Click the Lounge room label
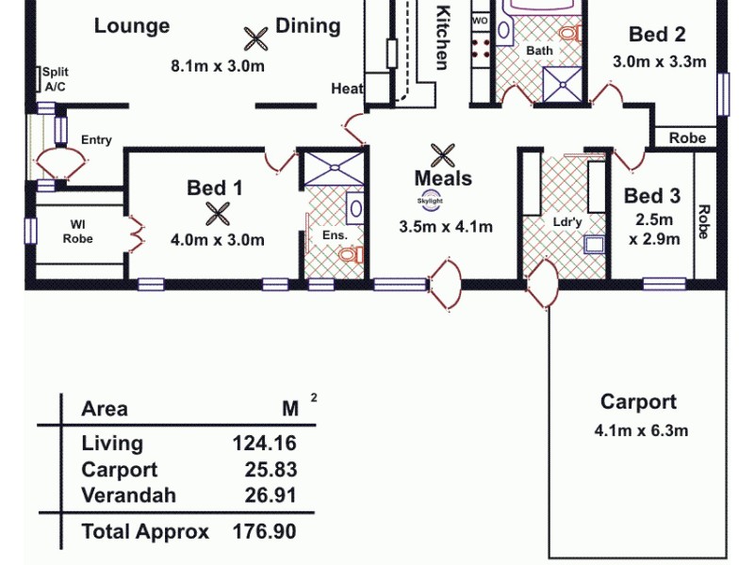click(x=132, y=25)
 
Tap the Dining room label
click(x=307, y=25)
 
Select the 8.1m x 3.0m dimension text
click(x=217, y=66)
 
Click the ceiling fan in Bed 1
click(x=218, y=214)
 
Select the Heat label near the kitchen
click(x=347, y=89)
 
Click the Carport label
click(x=638, y=402)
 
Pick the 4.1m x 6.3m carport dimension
click(x=641, y=431)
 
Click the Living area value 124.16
click(x=264, y=444)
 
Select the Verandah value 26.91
click(x=268, y=495)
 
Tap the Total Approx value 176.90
click(x=264, y=531)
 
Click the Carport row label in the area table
click(x=120, y=470)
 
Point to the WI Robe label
click(x=78, y=231)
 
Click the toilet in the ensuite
click(x=350, y=254)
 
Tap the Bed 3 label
click(x=652, y=196)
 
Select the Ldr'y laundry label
click(x=566, y=223)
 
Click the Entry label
click(x=96, y=140)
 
